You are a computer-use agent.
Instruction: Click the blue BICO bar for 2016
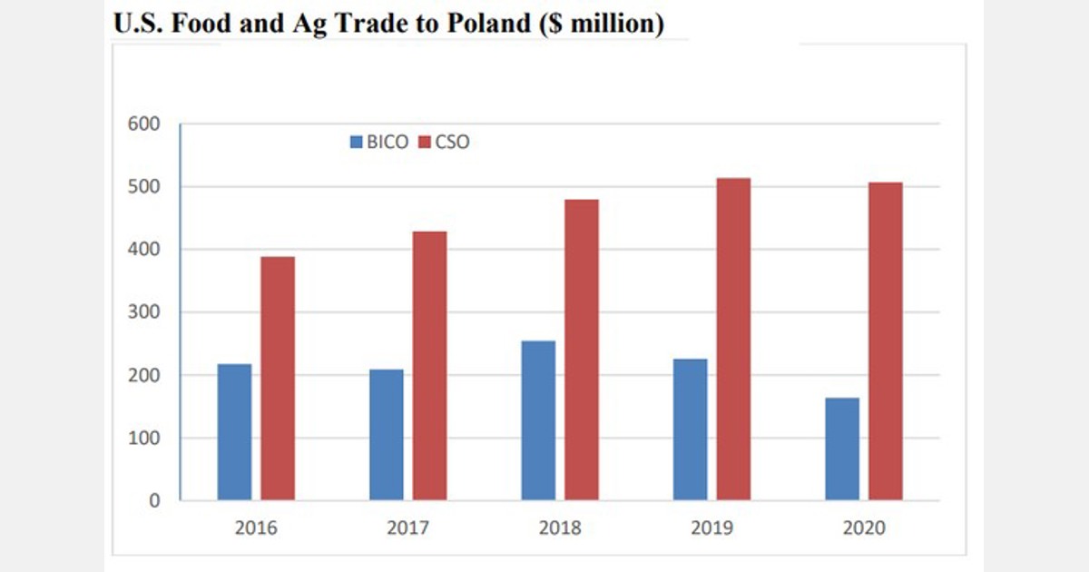(234, 432)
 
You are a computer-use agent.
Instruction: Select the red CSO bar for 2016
(278, 379)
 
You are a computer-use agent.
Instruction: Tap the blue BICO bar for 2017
(387, 435)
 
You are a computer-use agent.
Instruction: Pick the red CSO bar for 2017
(429, 366)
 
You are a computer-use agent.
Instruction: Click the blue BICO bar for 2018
(538, 420)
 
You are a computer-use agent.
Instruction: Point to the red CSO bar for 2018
(582, 350)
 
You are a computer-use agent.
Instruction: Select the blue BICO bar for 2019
(691, 429)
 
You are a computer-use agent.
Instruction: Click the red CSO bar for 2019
(733, 340)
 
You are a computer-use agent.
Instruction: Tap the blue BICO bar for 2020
(842, 449)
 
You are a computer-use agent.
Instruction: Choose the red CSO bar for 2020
(886, 341)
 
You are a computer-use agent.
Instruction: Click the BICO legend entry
(379, 143)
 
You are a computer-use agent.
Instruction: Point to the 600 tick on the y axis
(146, 124)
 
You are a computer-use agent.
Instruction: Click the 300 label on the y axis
(146, 312)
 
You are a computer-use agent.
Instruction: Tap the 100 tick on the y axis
(146, 439)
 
